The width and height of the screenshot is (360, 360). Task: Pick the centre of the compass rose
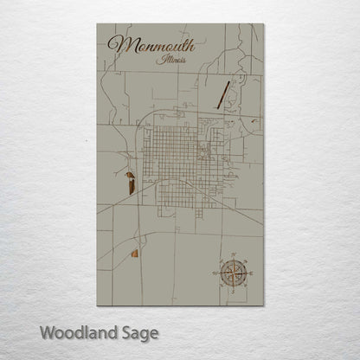[x=233, y=274]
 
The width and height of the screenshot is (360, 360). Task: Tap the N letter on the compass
[x=233, y=255]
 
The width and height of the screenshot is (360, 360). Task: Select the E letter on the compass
[x=251, y=274]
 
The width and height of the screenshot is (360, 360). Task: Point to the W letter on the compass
[x=214, y=274]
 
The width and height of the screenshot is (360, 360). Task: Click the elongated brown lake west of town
[x=131, y=183]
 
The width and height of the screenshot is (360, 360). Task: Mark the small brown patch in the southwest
[x=135, y=253]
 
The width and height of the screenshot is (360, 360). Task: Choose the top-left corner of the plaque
[x=97, y=23]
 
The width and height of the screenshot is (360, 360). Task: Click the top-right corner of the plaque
[x=264, y=23]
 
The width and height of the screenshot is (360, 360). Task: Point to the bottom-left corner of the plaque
[x=97, y=306]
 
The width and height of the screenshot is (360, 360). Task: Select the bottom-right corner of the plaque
[x=264, y=306]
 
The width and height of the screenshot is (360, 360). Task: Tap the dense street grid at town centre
[x=177, y=160]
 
